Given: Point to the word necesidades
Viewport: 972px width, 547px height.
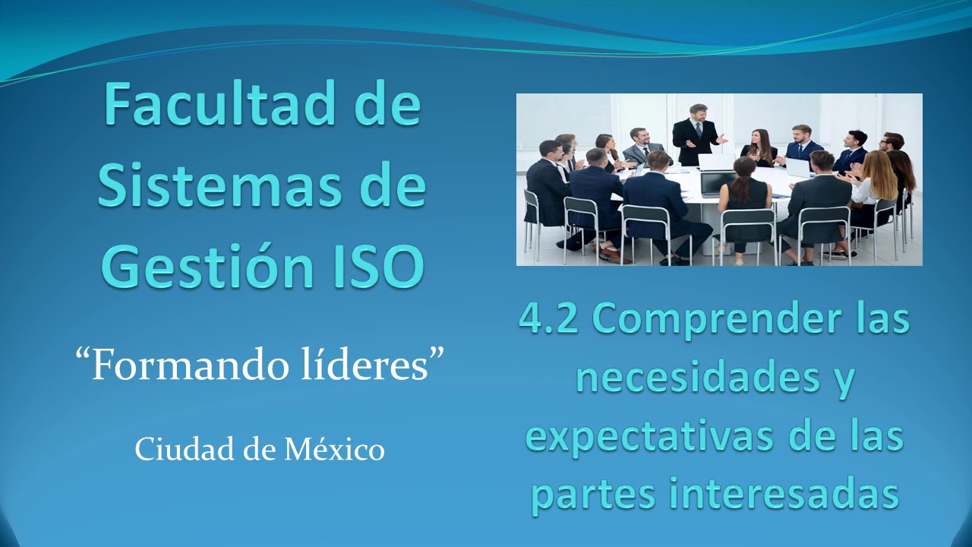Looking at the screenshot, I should (x=688, y=378).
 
